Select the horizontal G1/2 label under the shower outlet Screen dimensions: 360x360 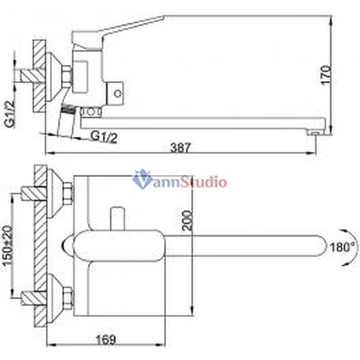(104, 136)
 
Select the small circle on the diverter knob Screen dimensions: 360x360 (118, 93)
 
